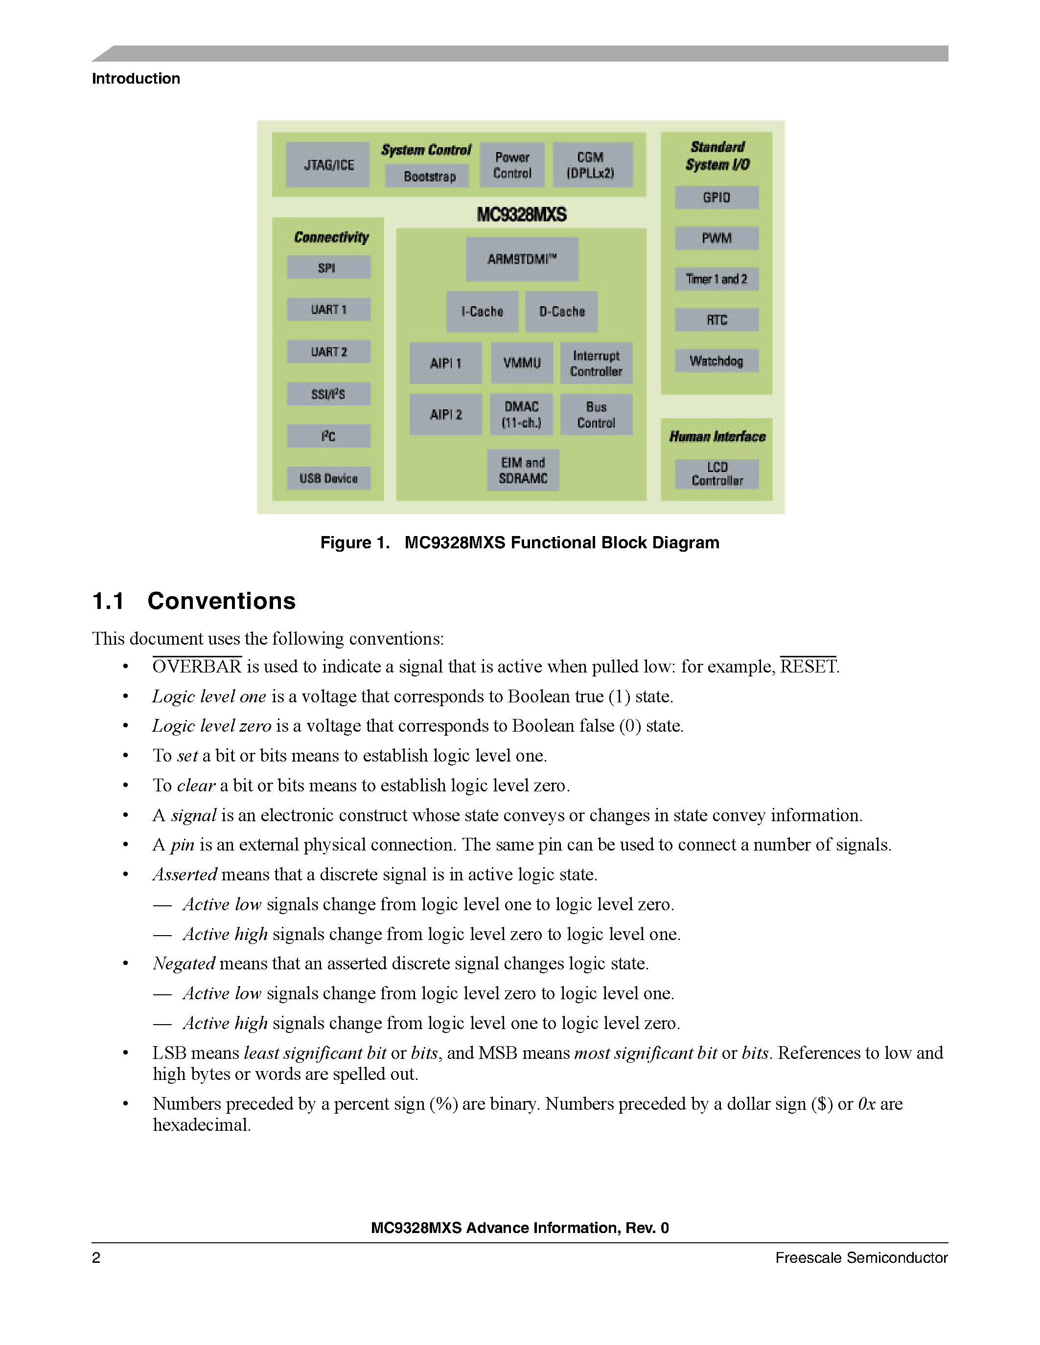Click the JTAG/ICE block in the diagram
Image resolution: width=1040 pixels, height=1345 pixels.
pos(328,164)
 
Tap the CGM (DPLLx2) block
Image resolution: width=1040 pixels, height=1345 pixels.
pos(592,164)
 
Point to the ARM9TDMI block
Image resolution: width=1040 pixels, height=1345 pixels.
pos(522,259)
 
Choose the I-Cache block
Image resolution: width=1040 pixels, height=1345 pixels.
pos(483,312)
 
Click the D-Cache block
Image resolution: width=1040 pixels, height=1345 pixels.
pos(561,312)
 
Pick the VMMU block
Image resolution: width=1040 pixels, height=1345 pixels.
pos(522,363)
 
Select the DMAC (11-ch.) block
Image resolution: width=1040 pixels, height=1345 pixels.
pos(521,414)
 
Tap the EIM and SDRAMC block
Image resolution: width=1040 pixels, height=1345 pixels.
pos(523,470)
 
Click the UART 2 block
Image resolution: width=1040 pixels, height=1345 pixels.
pos(329,352)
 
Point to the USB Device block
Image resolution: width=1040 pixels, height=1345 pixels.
pos(329,478)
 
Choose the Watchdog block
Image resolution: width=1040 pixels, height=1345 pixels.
pos(716,361)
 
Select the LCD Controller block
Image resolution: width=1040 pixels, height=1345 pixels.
pos(716,473)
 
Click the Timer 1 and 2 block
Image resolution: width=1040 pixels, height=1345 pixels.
pos(716,279)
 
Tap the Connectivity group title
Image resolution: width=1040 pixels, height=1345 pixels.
pos(331,237)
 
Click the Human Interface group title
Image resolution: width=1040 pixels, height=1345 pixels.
pos(717,437)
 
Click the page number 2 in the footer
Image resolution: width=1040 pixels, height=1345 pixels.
pos(96,1257)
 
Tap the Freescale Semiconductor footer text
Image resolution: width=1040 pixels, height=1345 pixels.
pos(861,1257)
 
